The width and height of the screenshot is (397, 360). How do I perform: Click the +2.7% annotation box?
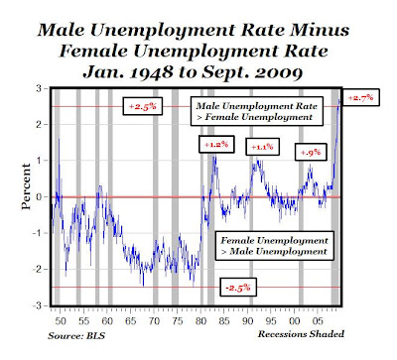[x=360, y=97]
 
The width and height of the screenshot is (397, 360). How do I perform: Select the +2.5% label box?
[x=143, y=106]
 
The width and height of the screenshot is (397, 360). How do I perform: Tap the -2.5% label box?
[x=238, y=287]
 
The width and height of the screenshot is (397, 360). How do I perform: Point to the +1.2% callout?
[x=216, y=144]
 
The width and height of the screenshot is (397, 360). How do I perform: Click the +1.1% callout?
[x=262, y=147]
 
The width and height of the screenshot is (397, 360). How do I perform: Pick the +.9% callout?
[x=311, y=152]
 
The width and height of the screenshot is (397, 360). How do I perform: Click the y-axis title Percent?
[x=26, y=186]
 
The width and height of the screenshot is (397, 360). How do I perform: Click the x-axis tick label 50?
[x=61, y=320]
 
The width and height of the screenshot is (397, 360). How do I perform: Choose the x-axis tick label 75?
[x=178, y=320]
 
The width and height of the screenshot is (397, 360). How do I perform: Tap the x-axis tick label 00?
[x=295, y=320]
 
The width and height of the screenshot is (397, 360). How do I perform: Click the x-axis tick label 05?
[x=318, y=320]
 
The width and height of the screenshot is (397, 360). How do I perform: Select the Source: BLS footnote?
[x=76, y=336]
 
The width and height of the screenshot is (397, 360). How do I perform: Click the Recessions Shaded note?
[x=301, y=334]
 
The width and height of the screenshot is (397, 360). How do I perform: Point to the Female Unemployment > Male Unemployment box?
[x=274, y=246]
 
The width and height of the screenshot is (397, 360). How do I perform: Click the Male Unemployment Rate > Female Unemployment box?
[x=257, y=111]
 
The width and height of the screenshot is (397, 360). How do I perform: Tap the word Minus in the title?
[x=320, y=30]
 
